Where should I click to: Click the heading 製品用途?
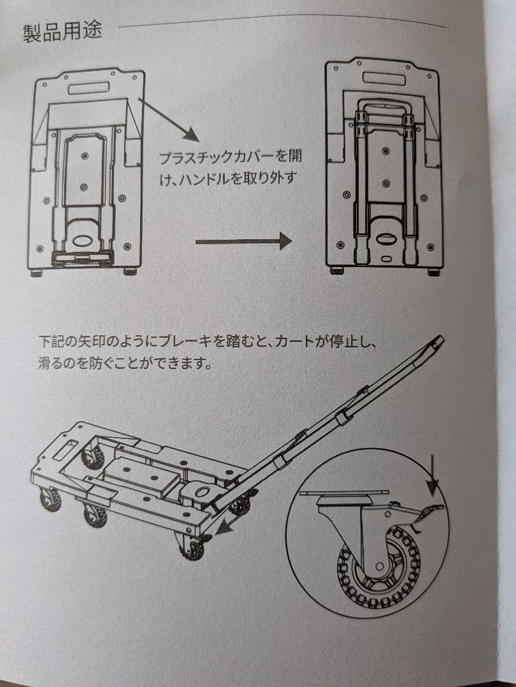(x=62, y=32)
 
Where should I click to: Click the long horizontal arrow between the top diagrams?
(x=243, y=242)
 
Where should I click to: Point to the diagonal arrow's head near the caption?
(x=191, y=135)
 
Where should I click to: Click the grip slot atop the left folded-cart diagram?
(x=89, y=87)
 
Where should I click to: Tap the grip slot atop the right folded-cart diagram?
(x=384, y=77)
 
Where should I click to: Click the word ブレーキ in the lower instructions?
(x=191, y=343)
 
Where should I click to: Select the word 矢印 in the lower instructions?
(x=88, y=343)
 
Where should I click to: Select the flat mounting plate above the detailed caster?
(x=345, y=492)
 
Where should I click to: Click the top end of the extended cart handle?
(x=438, y=342)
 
